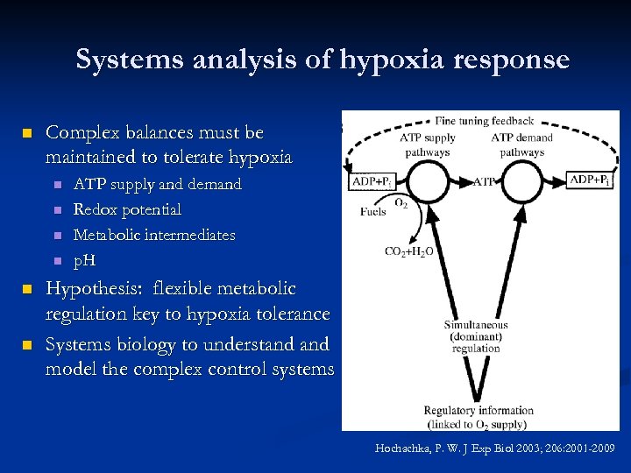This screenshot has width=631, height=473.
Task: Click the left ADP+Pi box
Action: (x=371, y=181)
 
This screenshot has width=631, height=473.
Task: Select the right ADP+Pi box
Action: (x=590, y=180)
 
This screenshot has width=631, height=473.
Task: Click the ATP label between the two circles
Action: (x=484, y=181)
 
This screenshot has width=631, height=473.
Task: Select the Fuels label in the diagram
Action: (x=373, y=212)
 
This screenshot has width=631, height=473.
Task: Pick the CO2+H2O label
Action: (x=408, y=251)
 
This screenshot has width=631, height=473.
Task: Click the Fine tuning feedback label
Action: (x=484, y=121)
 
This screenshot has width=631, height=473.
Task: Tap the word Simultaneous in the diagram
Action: (x=476, y=326)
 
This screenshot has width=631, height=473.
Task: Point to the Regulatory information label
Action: (x=479, y=410)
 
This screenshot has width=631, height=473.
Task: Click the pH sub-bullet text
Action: (x=84, y=260)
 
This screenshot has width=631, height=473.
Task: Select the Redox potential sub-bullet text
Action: (x=128, y=209)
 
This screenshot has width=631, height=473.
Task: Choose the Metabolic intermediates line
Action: (x=154, y=235)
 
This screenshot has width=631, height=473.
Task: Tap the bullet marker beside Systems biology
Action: (x=27, y=344)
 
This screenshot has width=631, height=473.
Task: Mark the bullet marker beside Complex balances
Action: (x=27, y=134)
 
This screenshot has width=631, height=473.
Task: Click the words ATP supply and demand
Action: (x=158, y=185)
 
